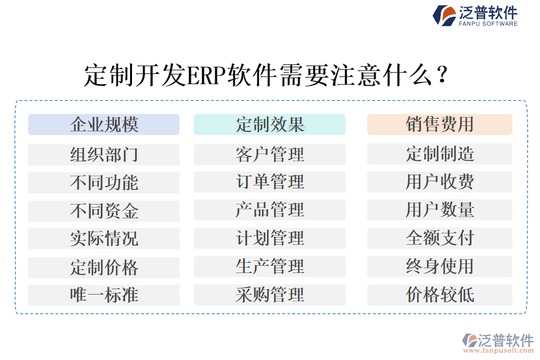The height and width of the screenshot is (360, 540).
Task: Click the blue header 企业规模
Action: pos(104,124)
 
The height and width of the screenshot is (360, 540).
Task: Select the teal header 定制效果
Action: pos(269,124)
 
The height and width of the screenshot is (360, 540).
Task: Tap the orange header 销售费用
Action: pos(439,124)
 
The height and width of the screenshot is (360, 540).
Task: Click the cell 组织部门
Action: pos(104,155)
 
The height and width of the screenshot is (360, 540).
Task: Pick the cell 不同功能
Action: pos(104,182)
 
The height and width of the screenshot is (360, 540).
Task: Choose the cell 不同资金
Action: pos(104,211)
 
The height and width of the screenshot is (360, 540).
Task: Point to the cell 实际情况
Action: pos(104,238)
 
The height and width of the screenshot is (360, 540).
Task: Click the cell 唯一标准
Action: pos(104,295)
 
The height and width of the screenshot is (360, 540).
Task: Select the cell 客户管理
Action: pos(269,154)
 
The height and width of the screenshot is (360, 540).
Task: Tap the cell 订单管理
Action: pos(269,182)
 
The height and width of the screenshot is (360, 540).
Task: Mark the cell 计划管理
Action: pos(269,238)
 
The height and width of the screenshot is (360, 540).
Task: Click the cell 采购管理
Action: pos(269,295)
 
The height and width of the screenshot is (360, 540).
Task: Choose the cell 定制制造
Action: pos(439,154)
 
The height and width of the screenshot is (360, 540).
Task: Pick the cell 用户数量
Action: pos(439,210)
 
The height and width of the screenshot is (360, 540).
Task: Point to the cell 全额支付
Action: pos(439,238)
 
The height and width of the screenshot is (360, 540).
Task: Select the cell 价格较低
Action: pos(439,295)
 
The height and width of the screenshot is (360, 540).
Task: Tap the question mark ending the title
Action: pos(442,76)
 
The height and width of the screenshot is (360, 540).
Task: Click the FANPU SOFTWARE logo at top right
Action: pos(475,15)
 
